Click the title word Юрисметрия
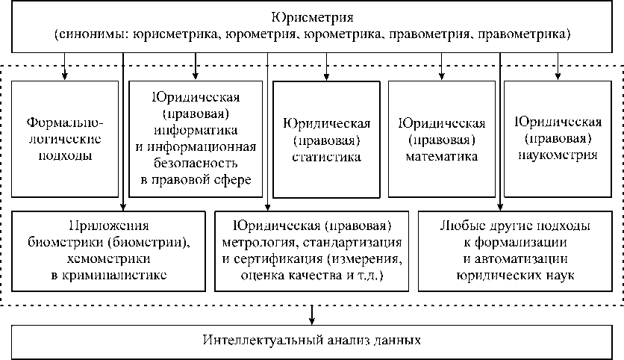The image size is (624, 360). pyautogui.click(x=312, y=16)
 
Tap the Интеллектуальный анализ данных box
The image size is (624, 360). pyautogui.click(x=312, y=341)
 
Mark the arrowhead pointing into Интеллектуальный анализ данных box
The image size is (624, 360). pyautogui.click(x=313, y=320)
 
